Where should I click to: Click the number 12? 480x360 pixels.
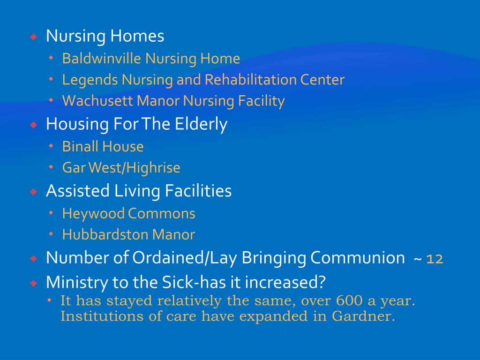(435, 259)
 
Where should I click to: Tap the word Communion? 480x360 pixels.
(357, 258)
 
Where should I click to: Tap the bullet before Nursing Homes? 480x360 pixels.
(33, 37)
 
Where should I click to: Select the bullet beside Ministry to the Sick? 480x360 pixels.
(33, 283)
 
